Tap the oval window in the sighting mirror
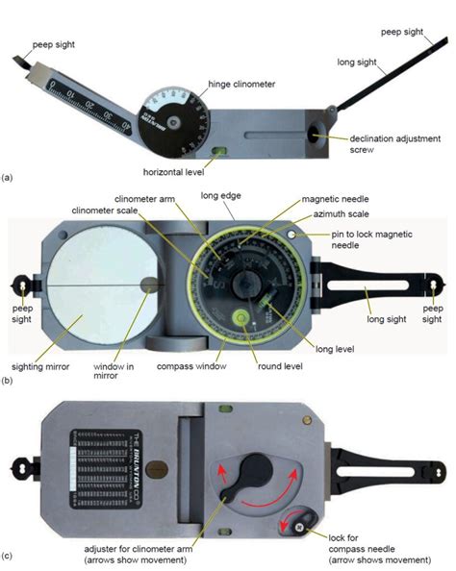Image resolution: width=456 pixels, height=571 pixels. point(150,285)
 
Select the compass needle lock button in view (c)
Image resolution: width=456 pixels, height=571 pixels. point(299,527)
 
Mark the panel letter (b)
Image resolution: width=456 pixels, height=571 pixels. point(9,381)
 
